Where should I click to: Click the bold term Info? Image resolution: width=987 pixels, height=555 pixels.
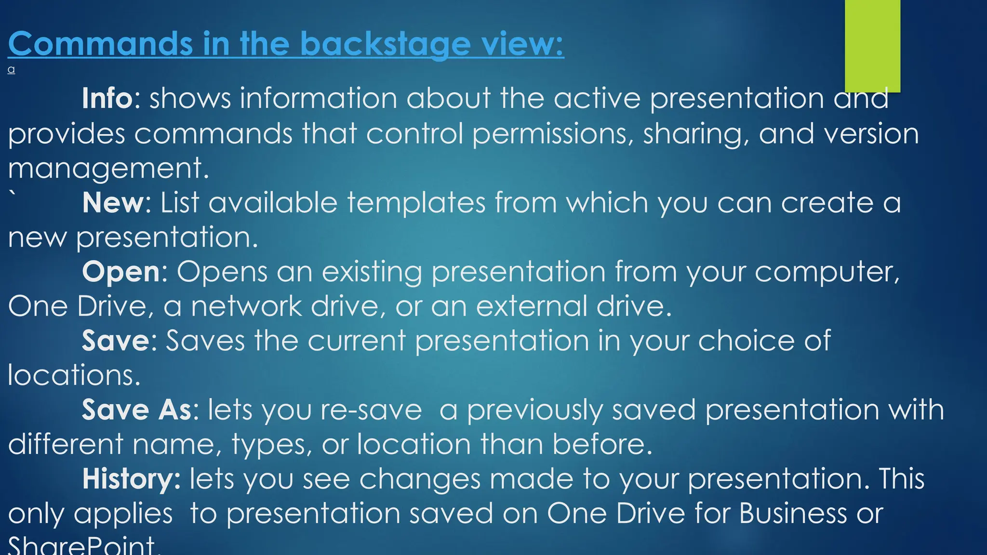pyautogui.click(x=107, y=98)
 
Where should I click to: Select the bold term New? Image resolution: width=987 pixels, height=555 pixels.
pyautogui.click(x=113, y=202)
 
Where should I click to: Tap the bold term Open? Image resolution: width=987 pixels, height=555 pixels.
pyautogui.click(x=121, y=272)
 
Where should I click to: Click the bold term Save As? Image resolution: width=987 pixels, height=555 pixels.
pyautogui.click(x=137, y=410)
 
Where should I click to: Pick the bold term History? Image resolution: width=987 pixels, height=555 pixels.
pyautogui.click(x=130, y=479)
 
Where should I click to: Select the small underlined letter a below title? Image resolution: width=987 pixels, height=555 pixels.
pyautogui.click(x=12, y=70)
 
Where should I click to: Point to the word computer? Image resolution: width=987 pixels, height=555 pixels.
pyautogui.click(x=827, y=272)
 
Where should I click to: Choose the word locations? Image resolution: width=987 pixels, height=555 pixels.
pyautogui.click(x=74, y=375)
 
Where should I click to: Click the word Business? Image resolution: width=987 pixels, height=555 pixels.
pyautogui.click(x=792, y=513)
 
